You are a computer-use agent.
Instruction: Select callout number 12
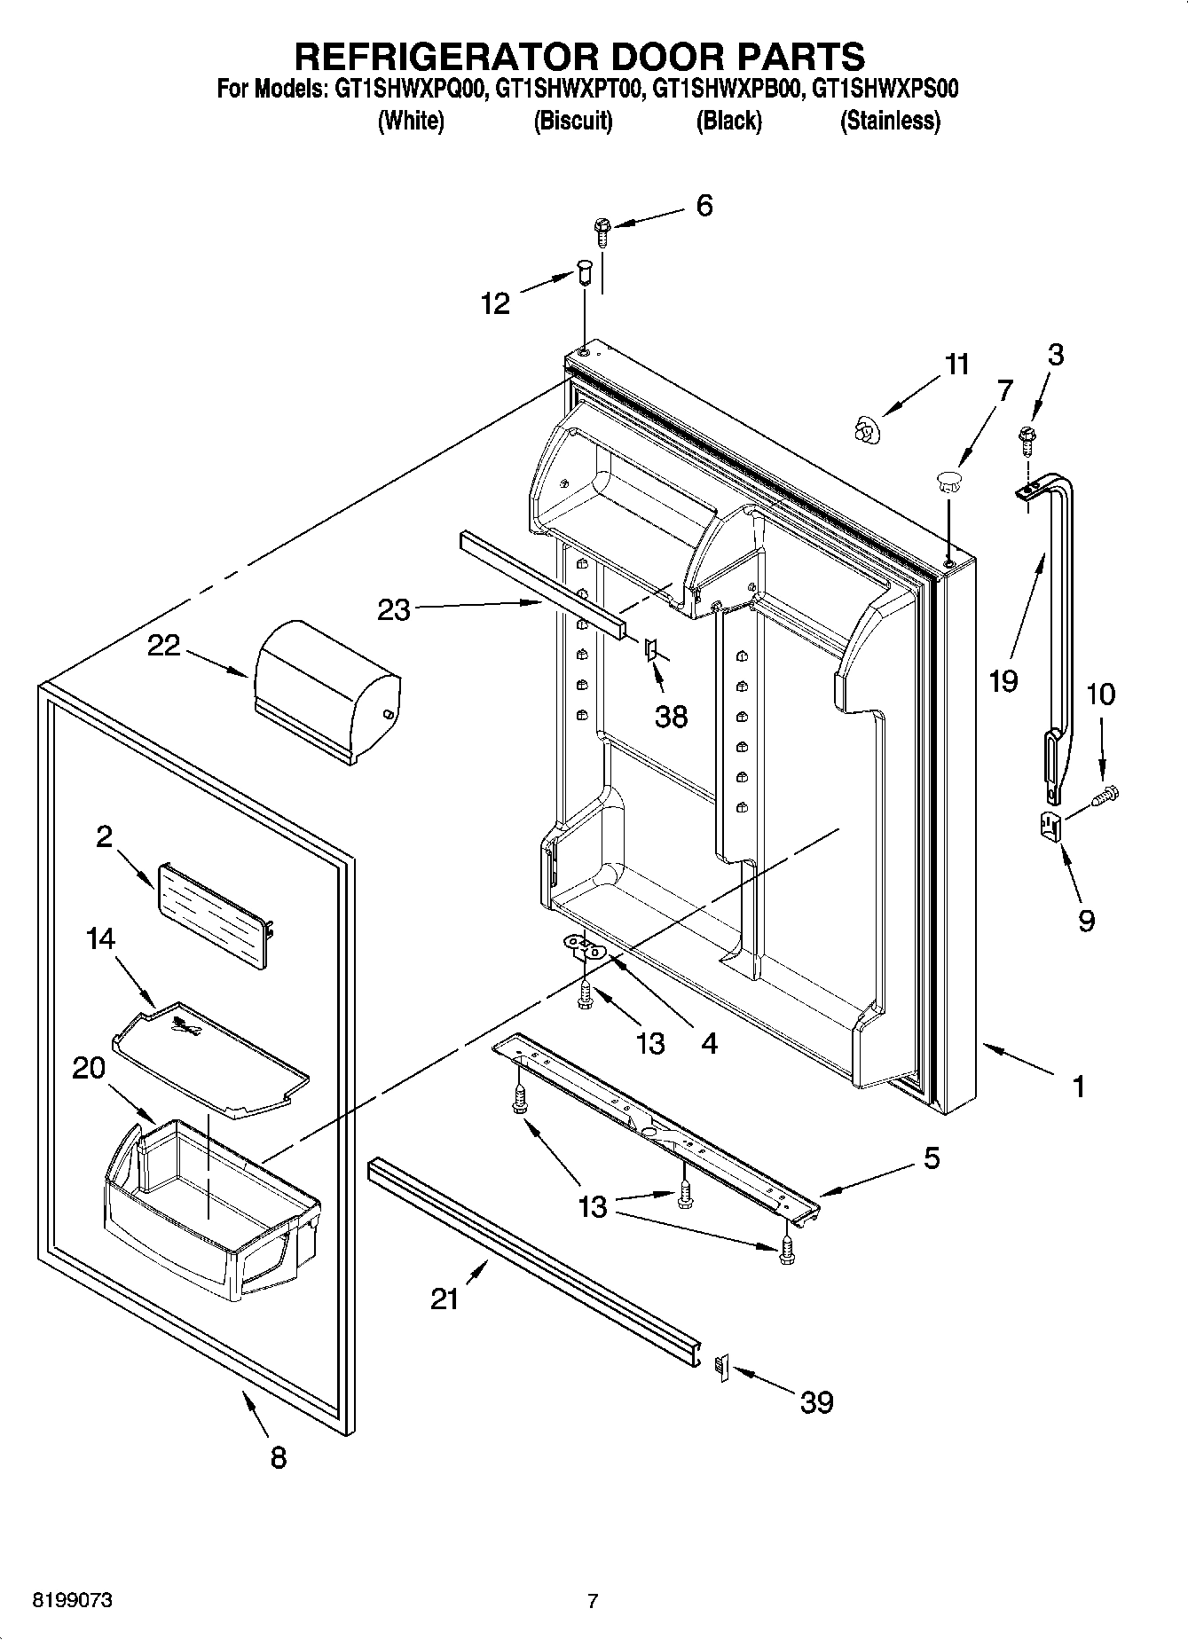[495, 304]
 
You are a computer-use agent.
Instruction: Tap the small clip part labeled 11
[861, 429]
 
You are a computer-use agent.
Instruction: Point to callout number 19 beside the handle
[1004, 681]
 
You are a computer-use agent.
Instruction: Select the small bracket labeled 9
[1050, 827]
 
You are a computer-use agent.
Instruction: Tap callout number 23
[394, 610]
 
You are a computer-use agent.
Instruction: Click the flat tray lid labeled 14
[211, 1060]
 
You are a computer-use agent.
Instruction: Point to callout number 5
[931, 1157]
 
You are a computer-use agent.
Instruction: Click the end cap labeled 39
[720, 1368]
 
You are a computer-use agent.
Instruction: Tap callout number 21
[445, 1299]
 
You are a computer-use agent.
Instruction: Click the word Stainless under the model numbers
[890, 121]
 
